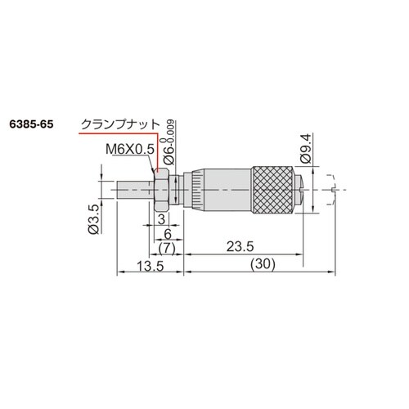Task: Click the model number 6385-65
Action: (31, 124)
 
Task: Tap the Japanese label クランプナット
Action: (120, 124)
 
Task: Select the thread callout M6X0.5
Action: (130, 149)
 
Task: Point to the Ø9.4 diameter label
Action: (306, 148)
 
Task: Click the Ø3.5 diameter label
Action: (93, 219)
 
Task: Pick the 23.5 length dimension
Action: (240, 247)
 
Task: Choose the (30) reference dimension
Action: (263, 263)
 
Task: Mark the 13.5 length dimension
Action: (151, 266)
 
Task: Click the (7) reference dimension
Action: (167, 249)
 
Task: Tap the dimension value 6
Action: (168, 234)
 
